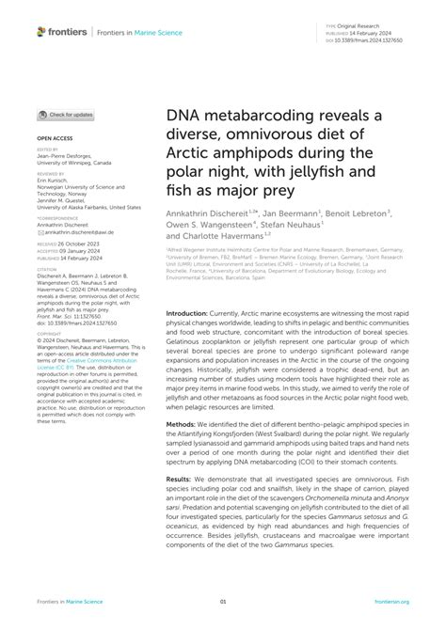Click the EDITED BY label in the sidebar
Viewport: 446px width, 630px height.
click(x=46, y=149)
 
